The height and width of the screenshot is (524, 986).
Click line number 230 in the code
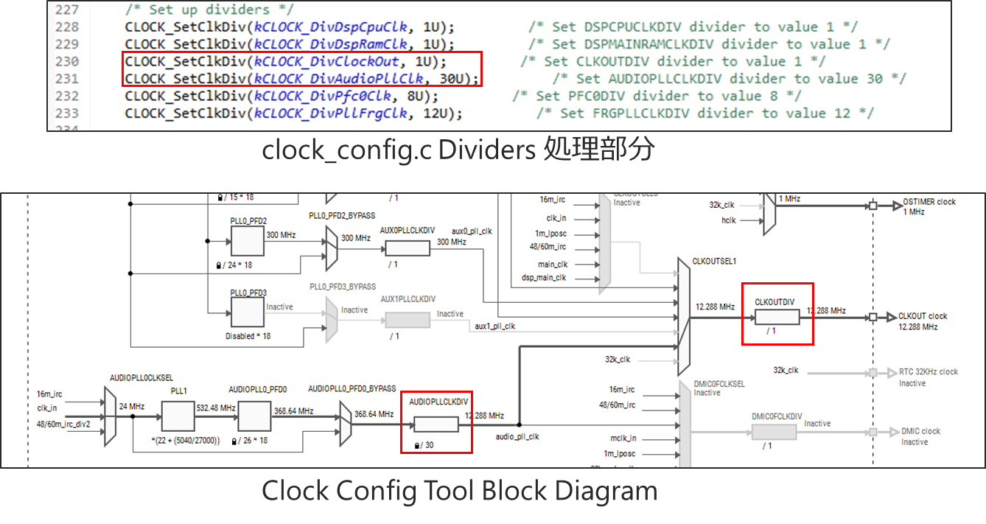tap(67, 61)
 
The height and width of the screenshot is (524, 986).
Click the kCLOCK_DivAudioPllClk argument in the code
tap(339, 79)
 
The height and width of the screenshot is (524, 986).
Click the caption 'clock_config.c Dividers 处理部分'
tap(458, 150)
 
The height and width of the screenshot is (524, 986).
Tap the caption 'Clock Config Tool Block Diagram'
tap(459, 492)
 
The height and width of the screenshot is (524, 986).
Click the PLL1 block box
tap(178, 416)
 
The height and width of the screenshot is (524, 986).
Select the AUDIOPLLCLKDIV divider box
tap(436, 425)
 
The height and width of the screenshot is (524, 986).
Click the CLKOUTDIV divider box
tap(777, 317)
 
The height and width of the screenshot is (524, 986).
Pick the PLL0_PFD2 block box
tap(247, 242)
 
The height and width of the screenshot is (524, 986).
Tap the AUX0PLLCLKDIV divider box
tap(408, 248)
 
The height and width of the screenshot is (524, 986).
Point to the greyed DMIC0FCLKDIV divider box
tap(774, 432)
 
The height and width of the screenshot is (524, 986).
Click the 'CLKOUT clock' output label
tap(923, 316)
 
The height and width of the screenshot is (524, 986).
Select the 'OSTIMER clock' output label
tap(929, 202)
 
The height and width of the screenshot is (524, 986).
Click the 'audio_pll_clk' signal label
tap(517, 437)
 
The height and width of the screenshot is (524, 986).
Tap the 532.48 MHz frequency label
tap(217, 408)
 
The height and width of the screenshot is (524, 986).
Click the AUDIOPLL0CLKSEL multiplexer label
tap(141, 377)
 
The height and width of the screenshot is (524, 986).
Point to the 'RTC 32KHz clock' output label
tap(929, 371)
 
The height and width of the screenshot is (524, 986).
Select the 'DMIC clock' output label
tap(920, 431)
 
